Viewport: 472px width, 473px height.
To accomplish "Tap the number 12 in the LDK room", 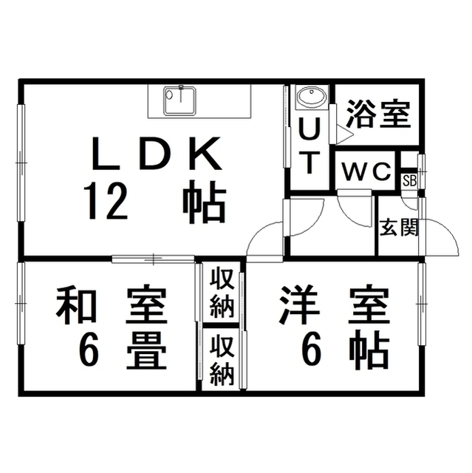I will [106, 203].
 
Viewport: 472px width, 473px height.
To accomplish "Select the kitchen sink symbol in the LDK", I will [178, 101].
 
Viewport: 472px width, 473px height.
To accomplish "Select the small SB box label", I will [408, 180].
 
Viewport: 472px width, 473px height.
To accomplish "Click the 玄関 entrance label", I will [400, 227].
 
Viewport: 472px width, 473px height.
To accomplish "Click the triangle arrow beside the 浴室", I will [343, 134].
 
